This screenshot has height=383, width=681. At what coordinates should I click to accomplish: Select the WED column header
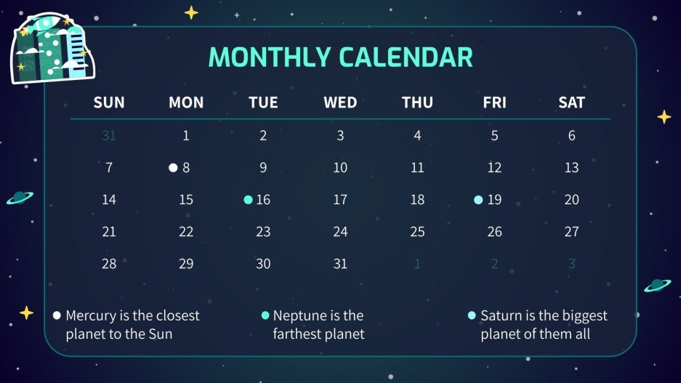pyautogui.click(x=340, y=102)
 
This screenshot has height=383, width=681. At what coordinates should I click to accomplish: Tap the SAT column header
pyautogui.click(x=571, y=102)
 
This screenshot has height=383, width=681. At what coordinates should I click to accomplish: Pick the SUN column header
pyautogui.click(x=109, y=102)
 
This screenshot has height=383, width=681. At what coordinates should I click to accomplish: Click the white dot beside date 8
pyautogui.click(x=173, y=168)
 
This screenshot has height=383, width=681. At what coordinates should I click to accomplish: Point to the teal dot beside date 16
pyautogui.click(x=249, y=200)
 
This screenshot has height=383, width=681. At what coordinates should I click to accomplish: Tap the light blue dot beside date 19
pyautogui.click(x=478, y=200)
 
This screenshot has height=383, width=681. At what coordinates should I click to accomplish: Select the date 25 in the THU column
pyautogui.click(x=417, y=232)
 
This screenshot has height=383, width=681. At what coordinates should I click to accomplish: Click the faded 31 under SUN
pyautogui.click(x=109, y=135)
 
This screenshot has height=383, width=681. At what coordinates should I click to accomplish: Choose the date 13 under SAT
pyautogui.click(x=571, y=168)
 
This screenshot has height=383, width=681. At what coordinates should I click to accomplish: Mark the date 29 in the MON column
pyautogui.click(x=186, y=264)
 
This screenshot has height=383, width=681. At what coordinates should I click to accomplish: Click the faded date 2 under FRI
pyautogui.click(x=494, y=264)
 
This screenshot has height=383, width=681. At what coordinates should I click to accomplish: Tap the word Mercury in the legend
pyautogui.click(x=91, y=316)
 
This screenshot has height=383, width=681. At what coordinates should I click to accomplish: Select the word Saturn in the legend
pyautogui.click(x=501, y=316)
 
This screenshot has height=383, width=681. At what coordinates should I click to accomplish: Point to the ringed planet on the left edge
pyautogui.click(x=19, y=198)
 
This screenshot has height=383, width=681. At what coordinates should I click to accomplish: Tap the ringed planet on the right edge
pyautogui.click(x=657, y=285)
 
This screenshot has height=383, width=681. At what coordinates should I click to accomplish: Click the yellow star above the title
pyautogui.click(x=191, y=12)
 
